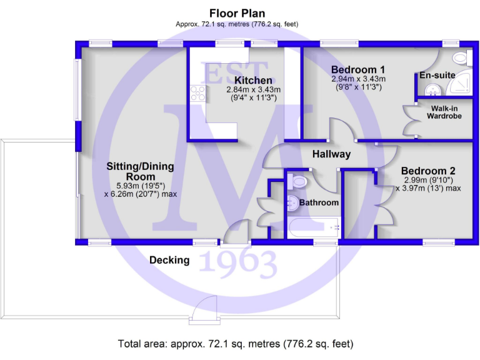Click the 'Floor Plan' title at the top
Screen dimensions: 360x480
237,13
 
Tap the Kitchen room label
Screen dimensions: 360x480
253,80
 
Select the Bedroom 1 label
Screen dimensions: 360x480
357,69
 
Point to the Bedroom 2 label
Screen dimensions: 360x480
427,171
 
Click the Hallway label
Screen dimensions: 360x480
331,154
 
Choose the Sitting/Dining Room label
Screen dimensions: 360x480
140,171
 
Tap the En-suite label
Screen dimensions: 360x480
437,75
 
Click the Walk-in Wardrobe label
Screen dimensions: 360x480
444,111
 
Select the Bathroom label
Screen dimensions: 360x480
319,202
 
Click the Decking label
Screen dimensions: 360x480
169,260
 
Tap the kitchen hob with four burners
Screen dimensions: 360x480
197,94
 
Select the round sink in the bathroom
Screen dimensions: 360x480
292,202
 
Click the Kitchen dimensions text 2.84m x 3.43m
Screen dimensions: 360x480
253,89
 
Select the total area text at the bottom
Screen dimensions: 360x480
235,344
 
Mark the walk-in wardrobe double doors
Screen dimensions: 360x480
410,119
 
